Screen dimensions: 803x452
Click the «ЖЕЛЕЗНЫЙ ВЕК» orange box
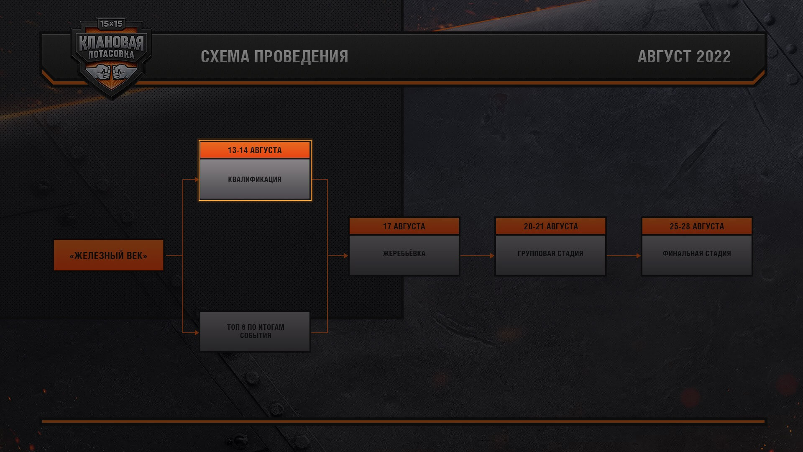pos(108,255)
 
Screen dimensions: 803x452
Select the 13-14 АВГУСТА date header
pos(255,150)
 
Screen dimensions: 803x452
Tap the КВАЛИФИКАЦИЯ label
pos(255,180)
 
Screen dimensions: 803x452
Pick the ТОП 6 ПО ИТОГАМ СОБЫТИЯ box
pos(255,331)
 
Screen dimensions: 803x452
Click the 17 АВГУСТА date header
pos(404,226)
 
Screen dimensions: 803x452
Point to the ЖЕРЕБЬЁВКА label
pos(404,254)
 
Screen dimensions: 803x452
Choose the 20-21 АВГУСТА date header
pos(550,226)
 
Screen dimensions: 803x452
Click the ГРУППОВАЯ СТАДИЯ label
pos(550,254)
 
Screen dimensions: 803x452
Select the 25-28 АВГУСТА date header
pos(697,226)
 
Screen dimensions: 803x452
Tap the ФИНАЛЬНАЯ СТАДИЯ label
pos(697,254)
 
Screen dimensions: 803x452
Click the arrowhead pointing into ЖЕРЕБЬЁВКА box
pos(346,255)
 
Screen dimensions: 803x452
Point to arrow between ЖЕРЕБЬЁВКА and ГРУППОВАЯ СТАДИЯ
pos(477,255)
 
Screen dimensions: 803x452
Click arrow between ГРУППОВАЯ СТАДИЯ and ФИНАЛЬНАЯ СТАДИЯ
pos(624,255)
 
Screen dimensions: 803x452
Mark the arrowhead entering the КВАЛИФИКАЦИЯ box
pos(197,180)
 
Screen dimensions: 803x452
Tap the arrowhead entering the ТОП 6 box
pos(197,333)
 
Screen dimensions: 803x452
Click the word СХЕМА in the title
pos(225,56)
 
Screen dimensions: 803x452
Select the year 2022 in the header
pos(713,56)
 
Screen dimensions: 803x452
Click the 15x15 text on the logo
pos(111,24)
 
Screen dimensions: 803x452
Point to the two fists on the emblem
pos(111,72)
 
